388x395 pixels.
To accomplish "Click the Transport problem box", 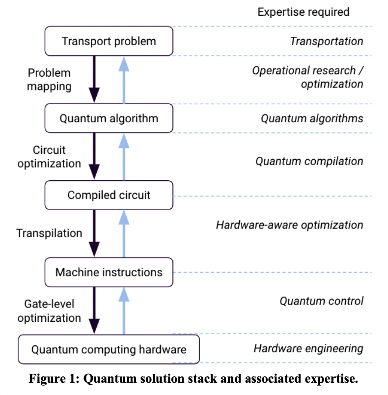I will click(x=109, y=41).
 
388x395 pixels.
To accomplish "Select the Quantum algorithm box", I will click(x=109, y=118).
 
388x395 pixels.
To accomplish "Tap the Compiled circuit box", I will click(x=109, y=195).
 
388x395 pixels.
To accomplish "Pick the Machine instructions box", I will click(x=109, y=272).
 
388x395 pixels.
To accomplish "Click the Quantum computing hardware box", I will click(x=109, y=349).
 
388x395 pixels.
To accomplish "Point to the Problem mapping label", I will click(x=49, y=80).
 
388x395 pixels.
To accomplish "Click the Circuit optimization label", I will click(x=49, y=157).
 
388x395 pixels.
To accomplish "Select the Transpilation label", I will click(x=49, y=233).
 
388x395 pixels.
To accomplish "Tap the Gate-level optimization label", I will click(x=49, y=311).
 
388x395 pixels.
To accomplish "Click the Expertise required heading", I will click(x=304, y=12).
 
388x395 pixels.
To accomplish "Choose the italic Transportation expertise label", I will click(x=326, y=41).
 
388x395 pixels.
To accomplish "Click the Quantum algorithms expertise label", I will click(x=312, y=118).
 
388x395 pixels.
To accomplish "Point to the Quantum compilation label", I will click(x=309, y=161).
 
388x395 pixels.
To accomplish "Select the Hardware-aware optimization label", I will click(x=289, y=225).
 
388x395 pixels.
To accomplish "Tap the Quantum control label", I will click(x=321, y=301).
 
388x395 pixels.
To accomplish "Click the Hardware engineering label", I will click(x=308, y=349).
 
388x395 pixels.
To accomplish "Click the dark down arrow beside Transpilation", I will click(x=94, y=233).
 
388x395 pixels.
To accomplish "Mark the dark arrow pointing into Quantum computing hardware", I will click(x=94, y=310).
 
